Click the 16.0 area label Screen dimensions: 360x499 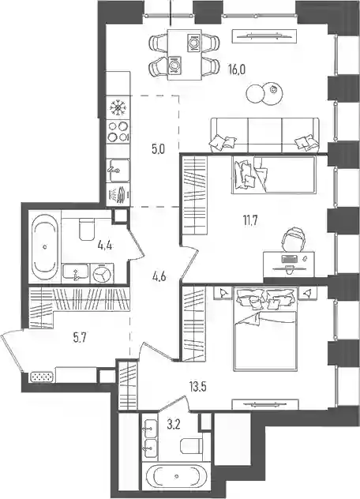(237, 69)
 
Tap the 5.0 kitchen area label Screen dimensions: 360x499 (158, 149)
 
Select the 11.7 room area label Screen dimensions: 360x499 (250, 220)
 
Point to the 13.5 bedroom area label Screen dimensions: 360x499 (197, 388)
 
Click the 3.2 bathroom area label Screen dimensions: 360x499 (174, 425)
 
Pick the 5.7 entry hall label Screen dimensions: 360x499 (80, 338)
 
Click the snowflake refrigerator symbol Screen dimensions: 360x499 (118, 107)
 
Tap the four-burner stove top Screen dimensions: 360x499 (118, 132)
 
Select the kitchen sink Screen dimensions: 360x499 (118, 171)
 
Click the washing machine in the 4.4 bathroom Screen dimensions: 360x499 (102, 273)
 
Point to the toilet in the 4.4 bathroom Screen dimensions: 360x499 (86, 228)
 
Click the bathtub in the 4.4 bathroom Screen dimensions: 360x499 (45, 246)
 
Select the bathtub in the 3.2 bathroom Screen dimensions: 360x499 (177, 477)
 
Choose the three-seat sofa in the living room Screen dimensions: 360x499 (264, 134)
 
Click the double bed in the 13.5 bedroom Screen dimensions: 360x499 (266, 330)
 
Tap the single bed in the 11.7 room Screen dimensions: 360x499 (274, 174)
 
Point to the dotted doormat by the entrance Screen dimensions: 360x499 (41, 377)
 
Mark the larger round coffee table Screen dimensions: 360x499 (255, 94)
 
